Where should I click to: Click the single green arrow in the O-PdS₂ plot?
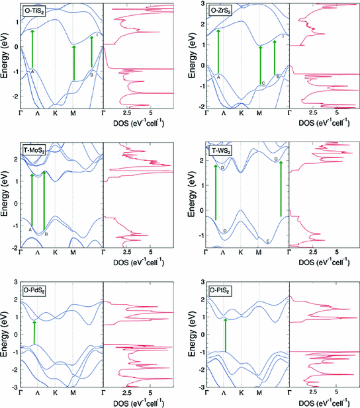point(34,332)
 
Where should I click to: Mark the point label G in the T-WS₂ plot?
point(275,159)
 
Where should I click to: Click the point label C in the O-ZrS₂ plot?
point(263,83)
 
